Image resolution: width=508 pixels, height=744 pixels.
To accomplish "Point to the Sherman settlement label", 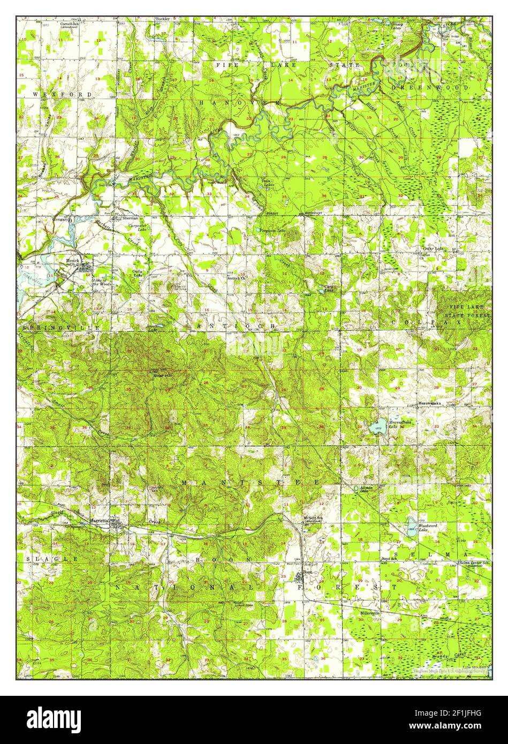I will click(130, 218).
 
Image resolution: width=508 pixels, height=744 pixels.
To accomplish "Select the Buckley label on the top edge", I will click(162, 19).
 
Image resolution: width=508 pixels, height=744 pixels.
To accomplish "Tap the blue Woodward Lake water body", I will click(410, 527).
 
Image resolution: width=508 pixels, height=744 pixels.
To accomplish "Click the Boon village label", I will click(307, 572).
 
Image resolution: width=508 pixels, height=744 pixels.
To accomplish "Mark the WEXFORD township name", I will click(55, 94).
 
